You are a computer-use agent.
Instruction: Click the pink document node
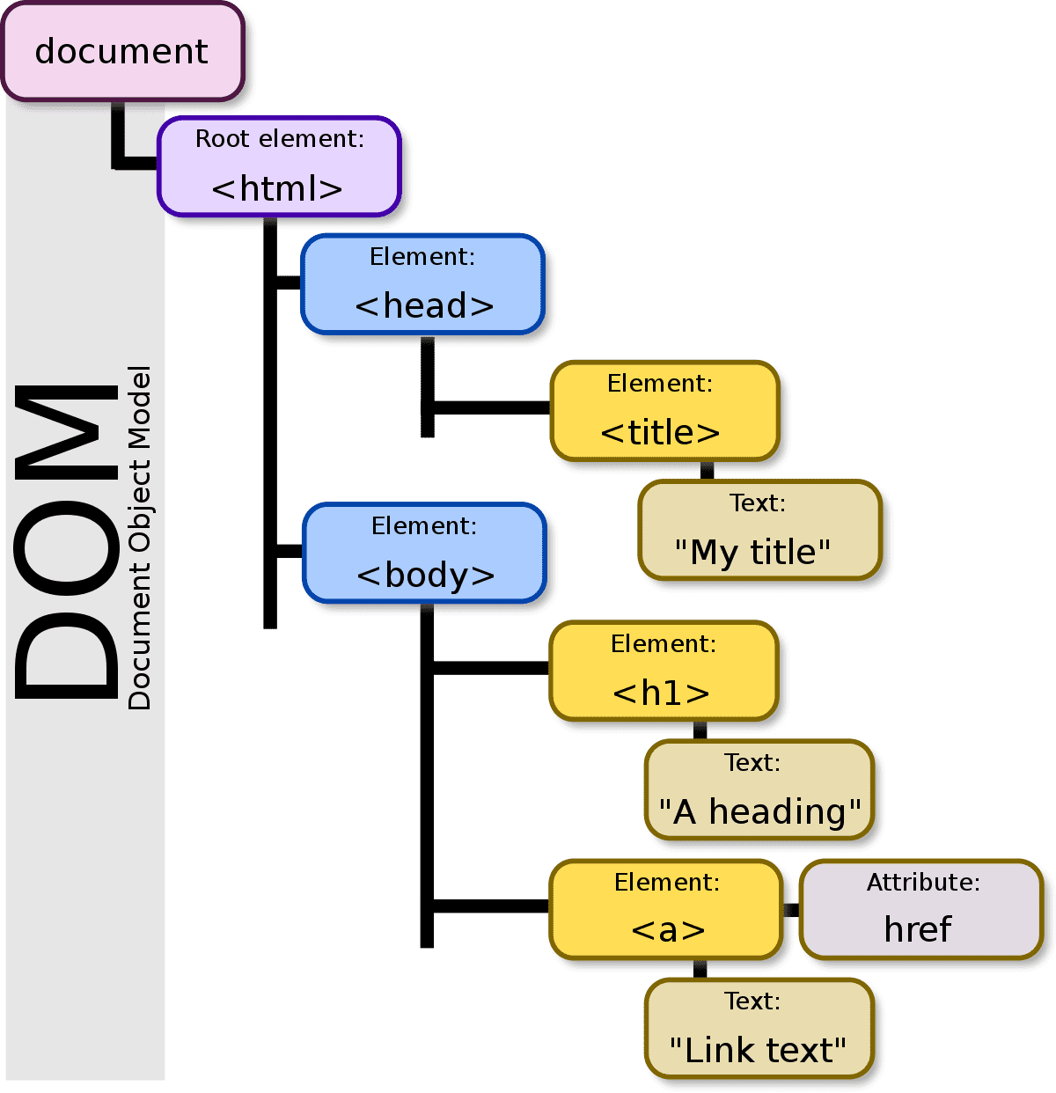(121, 51)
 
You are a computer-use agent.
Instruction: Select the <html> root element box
(279, 166)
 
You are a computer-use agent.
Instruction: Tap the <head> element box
(422, 284)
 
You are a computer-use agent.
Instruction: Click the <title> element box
(664, 410)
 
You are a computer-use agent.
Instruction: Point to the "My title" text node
(759, 530)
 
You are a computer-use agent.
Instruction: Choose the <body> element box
(424, 553)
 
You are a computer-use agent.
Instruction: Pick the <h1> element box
(664, 671)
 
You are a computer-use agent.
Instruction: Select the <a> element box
(666, 909)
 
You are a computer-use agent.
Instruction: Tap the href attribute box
(920, 909)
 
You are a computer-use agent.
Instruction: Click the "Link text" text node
(759, 1028)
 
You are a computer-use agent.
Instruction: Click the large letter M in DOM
(66, 431)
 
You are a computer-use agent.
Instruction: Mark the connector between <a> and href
(791, 910)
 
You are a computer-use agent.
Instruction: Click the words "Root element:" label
(279, 139)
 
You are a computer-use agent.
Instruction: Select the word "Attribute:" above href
(923, 883)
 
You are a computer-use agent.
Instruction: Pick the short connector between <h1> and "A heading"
(700, 730)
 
